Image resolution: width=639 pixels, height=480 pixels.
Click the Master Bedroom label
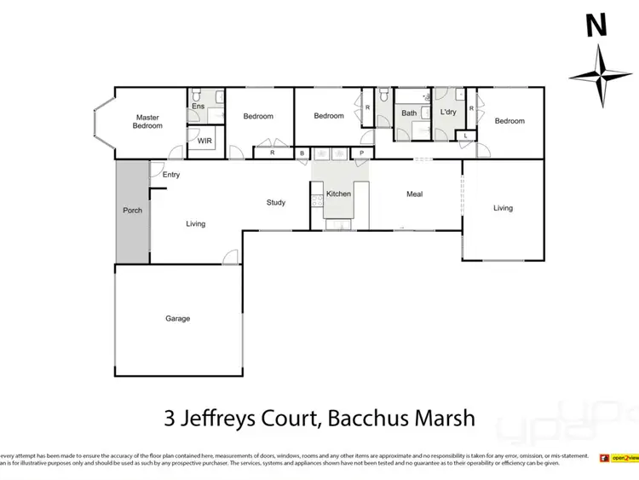tap(147, 121)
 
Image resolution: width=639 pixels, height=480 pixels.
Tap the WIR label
tap(204, 141)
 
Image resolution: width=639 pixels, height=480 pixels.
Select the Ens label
tap(198, 106)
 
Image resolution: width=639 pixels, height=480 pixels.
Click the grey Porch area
tap(132, 211)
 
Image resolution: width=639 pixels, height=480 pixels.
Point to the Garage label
tap(177, 319)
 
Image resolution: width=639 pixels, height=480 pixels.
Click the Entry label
tap(171, 175)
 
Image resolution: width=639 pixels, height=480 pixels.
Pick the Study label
tap(276, 203)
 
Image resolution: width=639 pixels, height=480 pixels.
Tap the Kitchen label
tap(338, 194)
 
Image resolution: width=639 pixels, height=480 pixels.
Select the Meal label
tap(414, 194)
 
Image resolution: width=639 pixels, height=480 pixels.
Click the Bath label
tap(410, 113)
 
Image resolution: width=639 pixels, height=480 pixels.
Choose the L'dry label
tap(448, 113)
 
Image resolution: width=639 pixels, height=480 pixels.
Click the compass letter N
tap(596, 26)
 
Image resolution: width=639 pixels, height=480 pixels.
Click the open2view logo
tap(619, 458)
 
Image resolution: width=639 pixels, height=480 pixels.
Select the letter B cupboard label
tap(302, 153)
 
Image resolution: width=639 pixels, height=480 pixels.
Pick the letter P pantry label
tap(361, 153)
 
